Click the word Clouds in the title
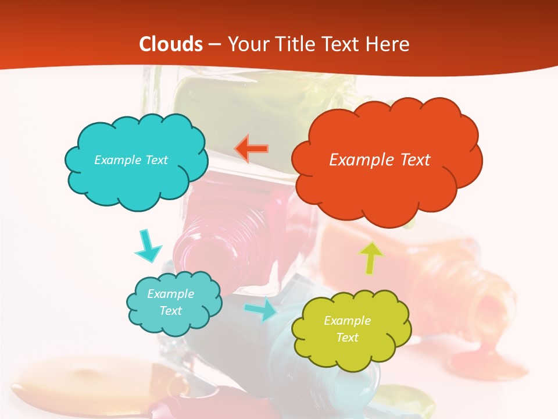coord(171,44)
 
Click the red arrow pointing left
coord(252,148)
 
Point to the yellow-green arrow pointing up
coord(371,257)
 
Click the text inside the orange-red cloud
coord(380,159)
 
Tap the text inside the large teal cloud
coord(131,159)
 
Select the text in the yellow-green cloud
coord(347,329)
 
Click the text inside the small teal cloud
coord(170,302)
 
